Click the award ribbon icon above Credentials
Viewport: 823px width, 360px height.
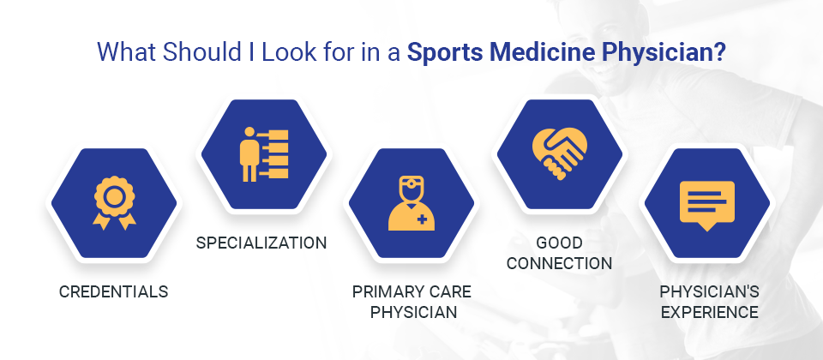[x=114, y=202]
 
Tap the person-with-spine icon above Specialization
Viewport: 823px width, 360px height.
[x=264, y=154]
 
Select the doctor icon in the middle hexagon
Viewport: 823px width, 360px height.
[x=411, y=203]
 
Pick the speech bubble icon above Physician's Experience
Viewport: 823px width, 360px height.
[x=706, y=206]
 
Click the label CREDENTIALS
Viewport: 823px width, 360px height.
[x=113, y=291]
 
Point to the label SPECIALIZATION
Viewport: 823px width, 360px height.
[x=261, y=243]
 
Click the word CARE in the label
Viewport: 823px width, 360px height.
[x=445, y=291]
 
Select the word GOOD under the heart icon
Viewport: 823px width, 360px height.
[x=559, y=243]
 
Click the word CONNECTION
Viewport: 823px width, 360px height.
[x=559, y=263]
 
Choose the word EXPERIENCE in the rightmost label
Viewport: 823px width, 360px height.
[x=709, y=312]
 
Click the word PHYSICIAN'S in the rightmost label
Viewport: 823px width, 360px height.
[x=709, y=291]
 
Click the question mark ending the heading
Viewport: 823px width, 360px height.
[x=719, y=52]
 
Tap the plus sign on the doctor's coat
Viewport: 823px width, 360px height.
[x=422, y=220]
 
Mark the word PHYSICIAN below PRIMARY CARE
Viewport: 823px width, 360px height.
[x=413, y=312]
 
